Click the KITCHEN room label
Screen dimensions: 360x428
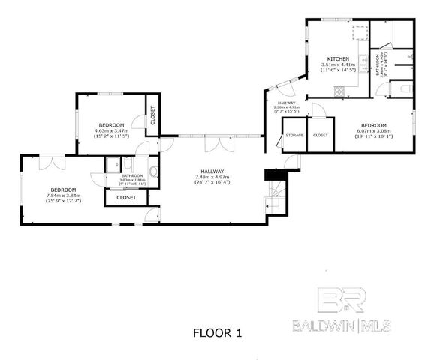(x=336, y=58)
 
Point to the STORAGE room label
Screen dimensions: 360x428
(x=294, y=135)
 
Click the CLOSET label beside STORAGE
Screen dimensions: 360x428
(x=320, y=135)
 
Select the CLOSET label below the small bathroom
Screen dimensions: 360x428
(x=127, y=197)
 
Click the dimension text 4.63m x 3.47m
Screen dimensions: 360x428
(x=111, y=130)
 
